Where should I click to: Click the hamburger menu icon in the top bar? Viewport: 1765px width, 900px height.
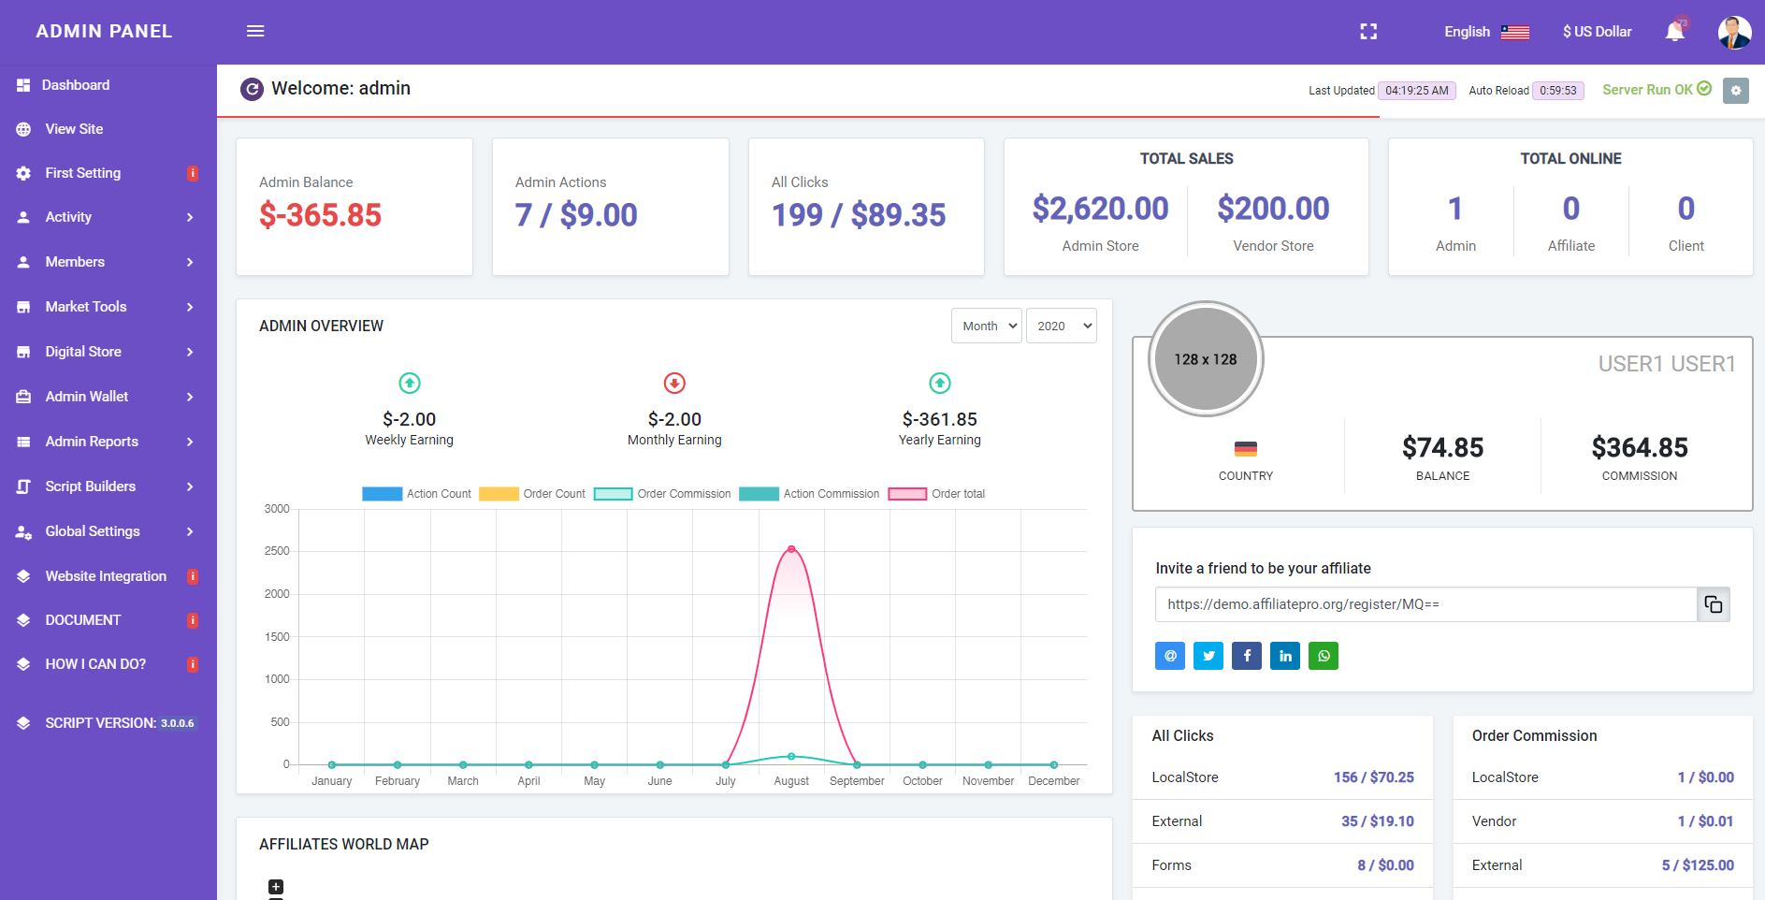tap(255, 31)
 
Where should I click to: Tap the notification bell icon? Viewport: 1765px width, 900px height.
tap(1674, 32)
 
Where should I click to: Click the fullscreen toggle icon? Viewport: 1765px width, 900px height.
tap(1368, 32)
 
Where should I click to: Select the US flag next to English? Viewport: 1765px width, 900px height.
tap(1515, 32)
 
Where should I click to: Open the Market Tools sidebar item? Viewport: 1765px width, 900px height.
tap(86, 307)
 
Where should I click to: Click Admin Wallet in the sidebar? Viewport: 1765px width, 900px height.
tap(87, 397)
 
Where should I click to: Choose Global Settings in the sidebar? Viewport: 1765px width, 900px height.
tap(93, 531)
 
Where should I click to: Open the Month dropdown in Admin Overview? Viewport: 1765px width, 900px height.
tap(986, 326)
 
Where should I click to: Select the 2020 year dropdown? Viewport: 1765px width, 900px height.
tap(1061, 326)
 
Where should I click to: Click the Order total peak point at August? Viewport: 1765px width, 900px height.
tap(791, 549)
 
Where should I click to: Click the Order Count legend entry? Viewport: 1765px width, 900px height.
tap(532, 494)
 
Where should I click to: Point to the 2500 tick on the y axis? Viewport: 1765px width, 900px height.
tap(277, 551)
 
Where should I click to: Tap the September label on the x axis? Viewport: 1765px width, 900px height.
tap(857, 781)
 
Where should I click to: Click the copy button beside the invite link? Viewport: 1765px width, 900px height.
tap(1714, 604)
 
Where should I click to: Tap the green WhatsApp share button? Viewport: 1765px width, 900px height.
tap(1324, 656)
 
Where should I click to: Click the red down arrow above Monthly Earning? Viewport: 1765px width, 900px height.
tap(674, 383)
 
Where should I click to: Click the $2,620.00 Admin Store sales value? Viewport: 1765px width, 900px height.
tap(1100, 209)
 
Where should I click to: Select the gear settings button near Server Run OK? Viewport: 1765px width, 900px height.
tap(1736, 90)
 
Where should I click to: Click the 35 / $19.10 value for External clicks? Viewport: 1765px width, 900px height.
tap(1378, 821)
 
